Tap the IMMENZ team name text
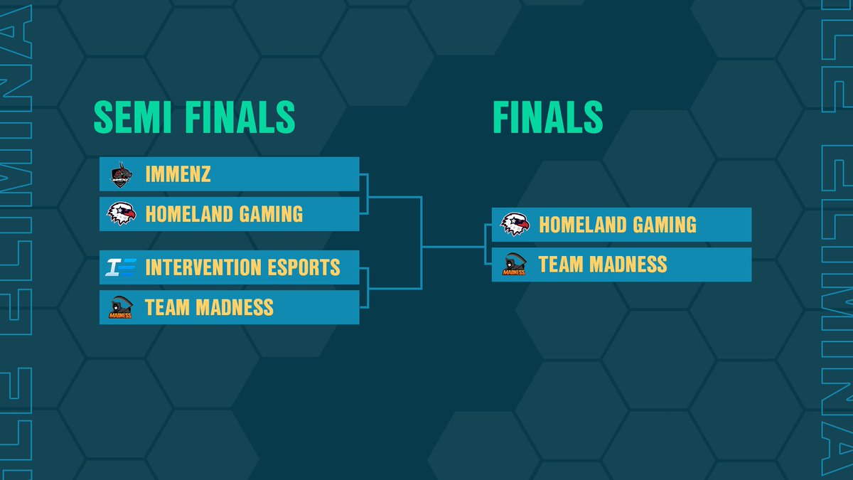178,174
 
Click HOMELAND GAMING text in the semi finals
224,214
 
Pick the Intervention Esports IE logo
119,268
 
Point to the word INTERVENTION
203,268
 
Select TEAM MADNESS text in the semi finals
209,308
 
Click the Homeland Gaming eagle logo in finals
515,225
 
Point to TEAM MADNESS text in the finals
603,265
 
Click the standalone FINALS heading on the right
547,117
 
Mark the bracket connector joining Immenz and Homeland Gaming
368,193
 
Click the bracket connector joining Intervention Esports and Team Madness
368,288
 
